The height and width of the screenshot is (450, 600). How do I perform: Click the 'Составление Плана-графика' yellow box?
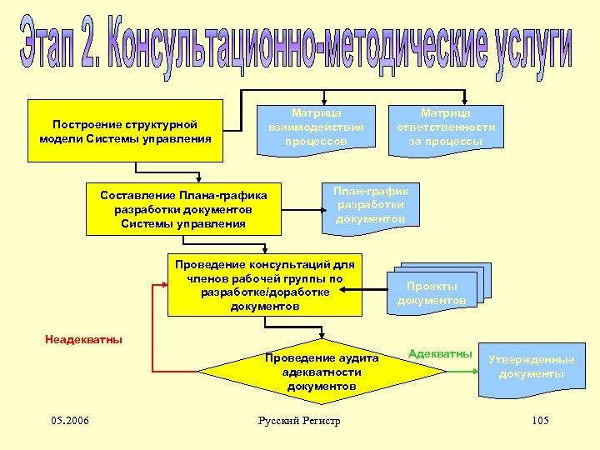tap(183, 208)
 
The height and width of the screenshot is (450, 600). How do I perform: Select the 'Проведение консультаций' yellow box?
tap(265, 284)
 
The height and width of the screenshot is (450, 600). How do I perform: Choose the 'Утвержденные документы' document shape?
tap(531, 367)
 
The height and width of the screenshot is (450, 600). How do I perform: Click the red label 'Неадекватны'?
tap(83, 339)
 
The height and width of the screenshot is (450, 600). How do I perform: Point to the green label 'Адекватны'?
tap(440, 353)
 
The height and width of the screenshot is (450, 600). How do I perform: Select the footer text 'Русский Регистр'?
tap(300, 421)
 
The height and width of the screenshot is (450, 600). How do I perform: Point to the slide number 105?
tap(539, 420)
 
